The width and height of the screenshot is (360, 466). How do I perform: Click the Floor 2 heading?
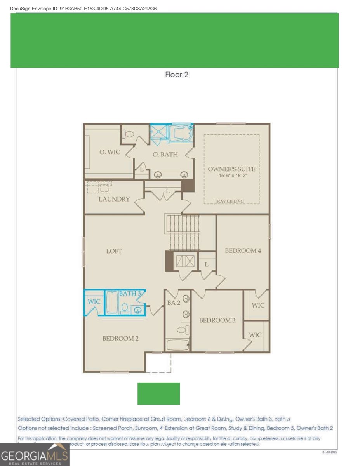tap(177, 75)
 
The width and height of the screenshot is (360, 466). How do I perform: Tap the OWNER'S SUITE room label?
tap(231, 169)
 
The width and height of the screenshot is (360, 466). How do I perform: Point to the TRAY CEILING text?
tap(230, 201)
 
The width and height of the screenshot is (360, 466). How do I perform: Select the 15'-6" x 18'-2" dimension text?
tap(231, 176)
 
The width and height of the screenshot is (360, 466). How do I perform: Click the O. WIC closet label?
tap(110, 152)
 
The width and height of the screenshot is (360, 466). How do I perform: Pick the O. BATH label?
tap(165, 155)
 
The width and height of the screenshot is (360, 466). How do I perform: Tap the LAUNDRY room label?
tap(114, 199)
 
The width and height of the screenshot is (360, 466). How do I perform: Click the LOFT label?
tap(114, 251)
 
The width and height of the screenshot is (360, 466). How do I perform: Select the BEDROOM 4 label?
tap(243, 250)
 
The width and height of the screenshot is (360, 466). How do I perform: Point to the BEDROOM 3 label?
tap(217, 320)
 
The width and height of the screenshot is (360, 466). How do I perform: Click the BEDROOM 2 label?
tap(120, 338)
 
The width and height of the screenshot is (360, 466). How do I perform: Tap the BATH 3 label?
tap(130, 294)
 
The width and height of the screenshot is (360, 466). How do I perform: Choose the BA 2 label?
tap(174, 303)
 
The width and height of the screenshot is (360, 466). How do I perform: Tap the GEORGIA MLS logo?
tap(35, 454)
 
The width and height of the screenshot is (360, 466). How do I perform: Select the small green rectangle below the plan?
tap(158, 393)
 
